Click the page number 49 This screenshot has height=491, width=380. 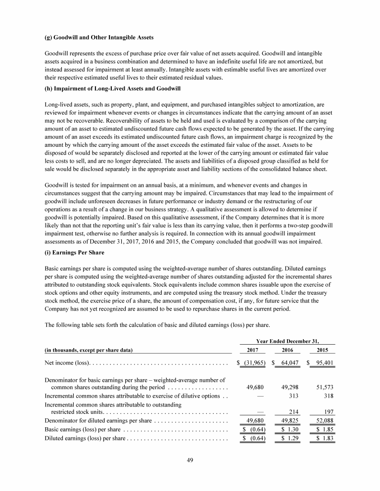[x=190, y=460]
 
